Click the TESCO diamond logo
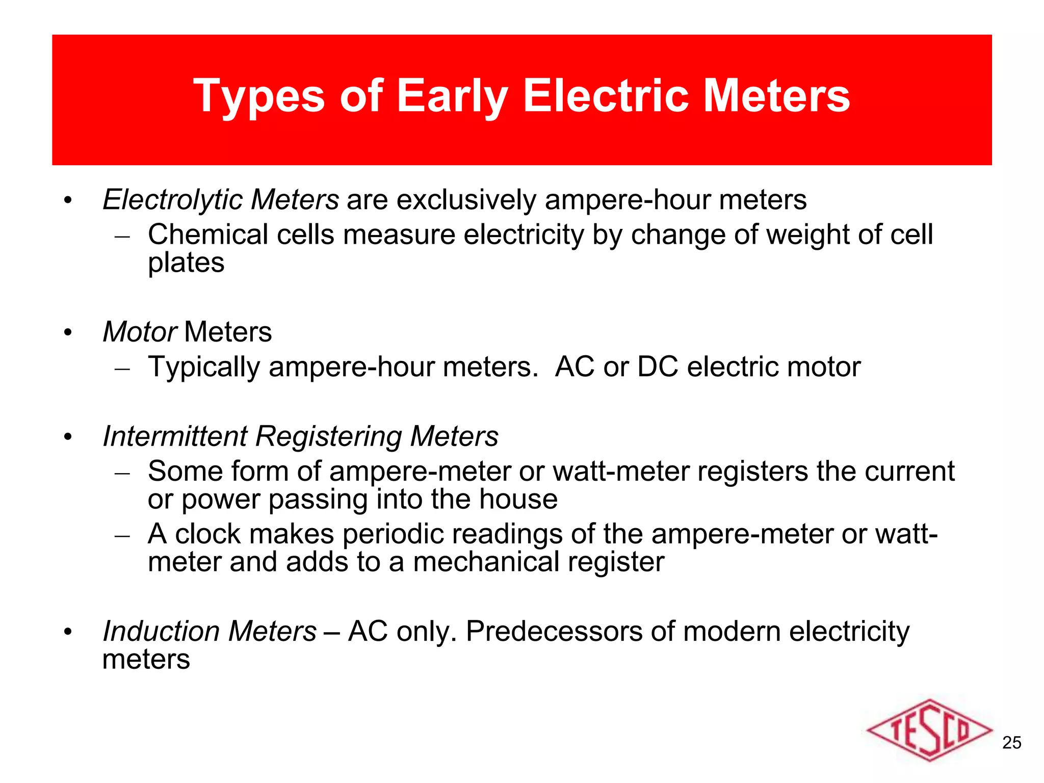click(x=929, y=730)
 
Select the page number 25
click(x=1011, y=743)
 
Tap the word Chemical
click(x=208, y=235)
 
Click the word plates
click(x=186, y=263)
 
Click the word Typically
click(x=204, y=368)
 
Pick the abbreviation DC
click(x=658, y=367)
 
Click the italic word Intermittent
click(x=175, y=437)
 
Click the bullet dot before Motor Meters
click(x=68, y=333)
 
